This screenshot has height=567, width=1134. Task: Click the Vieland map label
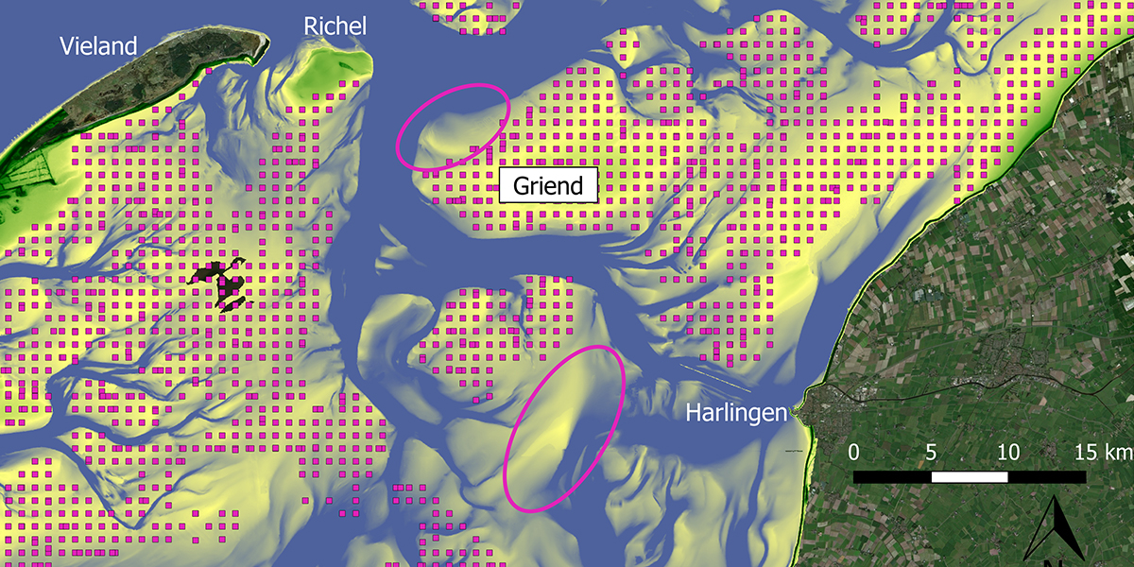point(98,45)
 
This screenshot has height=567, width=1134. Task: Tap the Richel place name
point(335,26)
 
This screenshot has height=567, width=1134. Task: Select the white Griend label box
point(548,185)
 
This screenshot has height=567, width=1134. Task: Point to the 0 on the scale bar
point(854,452)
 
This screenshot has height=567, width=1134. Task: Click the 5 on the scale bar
point(932,452)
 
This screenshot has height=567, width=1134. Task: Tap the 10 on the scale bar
point(1008,452)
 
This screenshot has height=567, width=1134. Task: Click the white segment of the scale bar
point(970,476)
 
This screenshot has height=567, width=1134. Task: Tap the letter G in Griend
point(523,186)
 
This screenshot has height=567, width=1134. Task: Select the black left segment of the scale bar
point(893,476)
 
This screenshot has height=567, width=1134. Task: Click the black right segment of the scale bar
point(1047,476)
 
